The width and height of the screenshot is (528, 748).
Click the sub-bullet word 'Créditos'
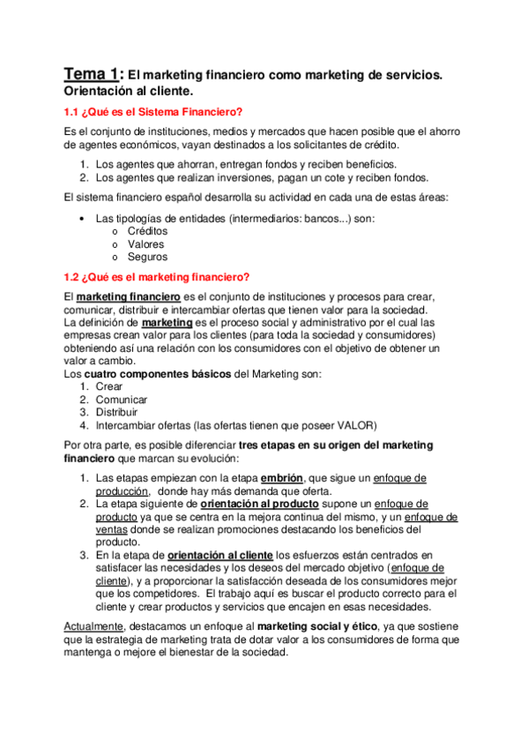(148, 230)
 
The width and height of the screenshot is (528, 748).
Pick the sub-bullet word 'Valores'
(145, 244)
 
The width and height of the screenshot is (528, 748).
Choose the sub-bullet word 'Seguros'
(146, 258)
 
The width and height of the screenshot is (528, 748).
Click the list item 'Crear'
(109, 386)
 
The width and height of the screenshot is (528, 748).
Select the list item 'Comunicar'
(122, 400)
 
